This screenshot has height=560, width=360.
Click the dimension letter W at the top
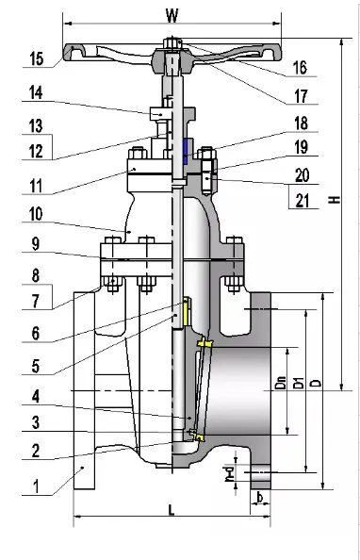(171, 15)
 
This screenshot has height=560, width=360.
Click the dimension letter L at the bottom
(171, 510)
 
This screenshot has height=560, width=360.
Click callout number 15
(36, 58)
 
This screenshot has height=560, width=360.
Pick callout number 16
(299, 67)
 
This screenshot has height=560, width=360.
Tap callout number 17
(299, 95)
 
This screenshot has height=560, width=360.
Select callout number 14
(36, 93)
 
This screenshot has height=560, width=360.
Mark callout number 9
(36, 242)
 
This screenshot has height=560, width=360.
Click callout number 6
(36, 333)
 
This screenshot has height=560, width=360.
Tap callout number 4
(36, 395)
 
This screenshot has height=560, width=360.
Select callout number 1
(36, 487)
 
